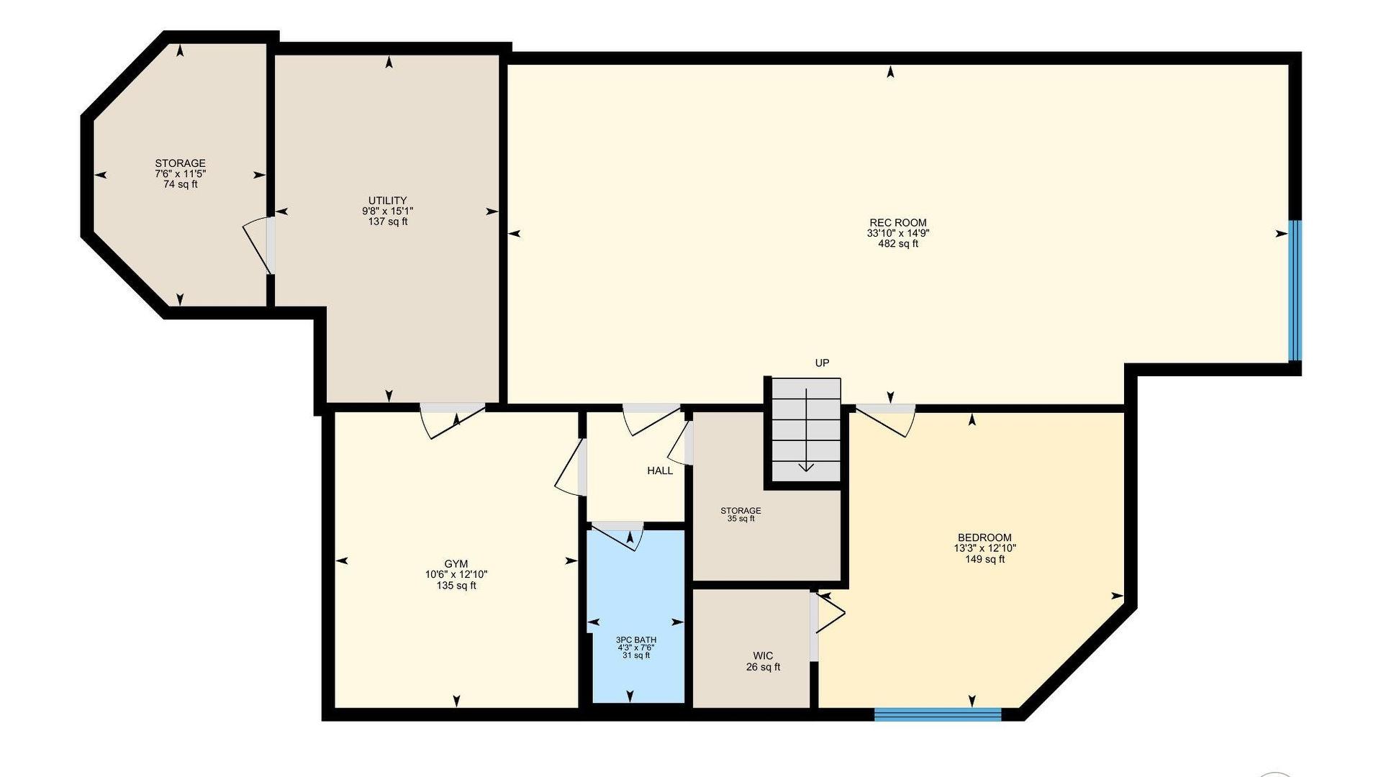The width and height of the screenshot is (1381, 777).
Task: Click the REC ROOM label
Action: [x=897, y=222]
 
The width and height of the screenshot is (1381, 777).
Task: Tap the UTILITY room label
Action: [x=388, y=201]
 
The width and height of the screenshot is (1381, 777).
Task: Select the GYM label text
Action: [x=456, y=564]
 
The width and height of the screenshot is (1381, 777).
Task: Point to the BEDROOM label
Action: [x=984, y=537]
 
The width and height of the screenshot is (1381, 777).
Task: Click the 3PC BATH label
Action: [x=636, y=640]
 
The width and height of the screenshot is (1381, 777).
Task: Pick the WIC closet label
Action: [x=763, y=655]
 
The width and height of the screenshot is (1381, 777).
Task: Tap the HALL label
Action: [x=660, y=471]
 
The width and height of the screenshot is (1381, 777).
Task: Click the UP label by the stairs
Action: [x=822, y=363]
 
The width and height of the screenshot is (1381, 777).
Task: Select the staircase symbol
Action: [x=806, y=430]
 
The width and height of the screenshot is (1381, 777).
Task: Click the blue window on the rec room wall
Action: [x=1295, y=290]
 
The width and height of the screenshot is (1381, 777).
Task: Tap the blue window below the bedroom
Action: [x=938, y=714]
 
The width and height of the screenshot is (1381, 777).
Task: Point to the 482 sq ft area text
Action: [x=898, y=244]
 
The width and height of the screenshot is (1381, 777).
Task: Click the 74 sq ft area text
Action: [x=180, y=184]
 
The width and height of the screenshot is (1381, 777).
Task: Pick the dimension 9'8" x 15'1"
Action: [x=388, y=212]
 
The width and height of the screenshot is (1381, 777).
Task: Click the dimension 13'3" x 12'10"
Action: [x=984, y=548]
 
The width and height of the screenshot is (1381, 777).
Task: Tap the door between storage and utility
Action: [x=259, y=245]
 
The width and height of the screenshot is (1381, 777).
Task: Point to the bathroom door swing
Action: [x=617, y=536]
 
